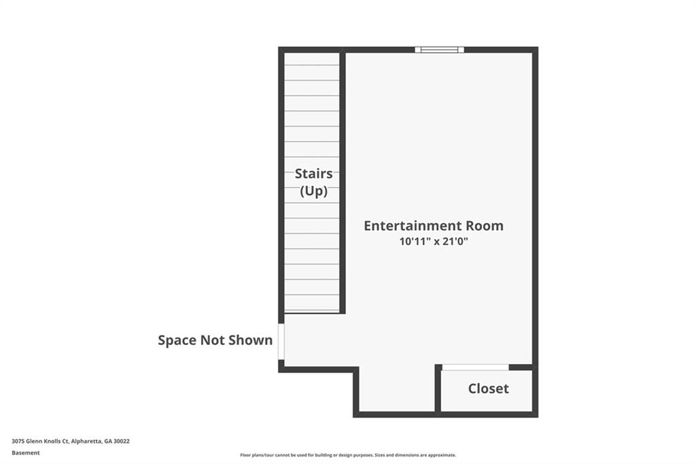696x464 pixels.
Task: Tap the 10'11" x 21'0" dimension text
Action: (434, 242)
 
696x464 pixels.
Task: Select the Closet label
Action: (488, 388)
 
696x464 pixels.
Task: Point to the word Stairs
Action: (314, 173)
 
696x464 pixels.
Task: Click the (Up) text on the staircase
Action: (314, 191)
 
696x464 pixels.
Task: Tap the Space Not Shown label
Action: (215, 340)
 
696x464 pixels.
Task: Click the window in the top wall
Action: (440, 50)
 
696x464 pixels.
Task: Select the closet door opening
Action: (475, 367)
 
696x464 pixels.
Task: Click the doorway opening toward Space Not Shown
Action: (281, 342)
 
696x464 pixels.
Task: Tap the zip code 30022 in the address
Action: (122, 442)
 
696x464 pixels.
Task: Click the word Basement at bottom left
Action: (26, 453)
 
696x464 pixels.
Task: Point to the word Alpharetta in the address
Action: (86, 442)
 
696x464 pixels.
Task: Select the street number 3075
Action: (18, 442)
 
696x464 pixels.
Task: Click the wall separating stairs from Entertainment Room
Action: (343, 182)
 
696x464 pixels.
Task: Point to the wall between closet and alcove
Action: (438, 389)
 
